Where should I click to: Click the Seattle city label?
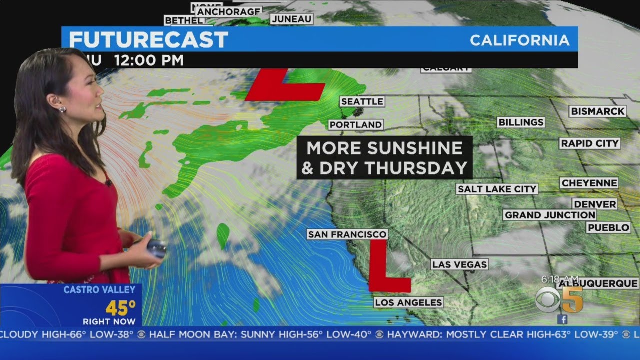tap(362, 102)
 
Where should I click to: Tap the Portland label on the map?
tap(356, 124)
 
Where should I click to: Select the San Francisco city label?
tap(347, 234)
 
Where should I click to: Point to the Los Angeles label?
tap(408, 302)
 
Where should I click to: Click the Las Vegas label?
tap(459, 264)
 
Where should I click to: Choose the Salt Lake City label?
tap(497, 189)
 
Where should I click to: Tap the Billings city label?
tap(520, 122)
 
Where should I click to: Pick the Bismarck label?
tap(597, 111)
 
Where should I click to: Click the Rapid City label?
tap(590, 143)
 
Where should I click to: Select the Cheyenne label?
tap(589, 183)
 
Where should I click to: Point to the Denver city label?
tap(595, 204)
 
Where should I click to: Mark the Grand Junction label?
tap(549, 215)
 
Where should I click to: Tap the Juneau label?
tap(292, 19)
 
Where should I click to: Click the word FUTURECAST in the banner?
tap(148, 40)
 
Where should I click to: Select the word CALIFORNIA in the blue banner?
tap(520, 40)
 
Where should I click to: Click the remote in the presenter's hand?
tap(156, 248)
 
